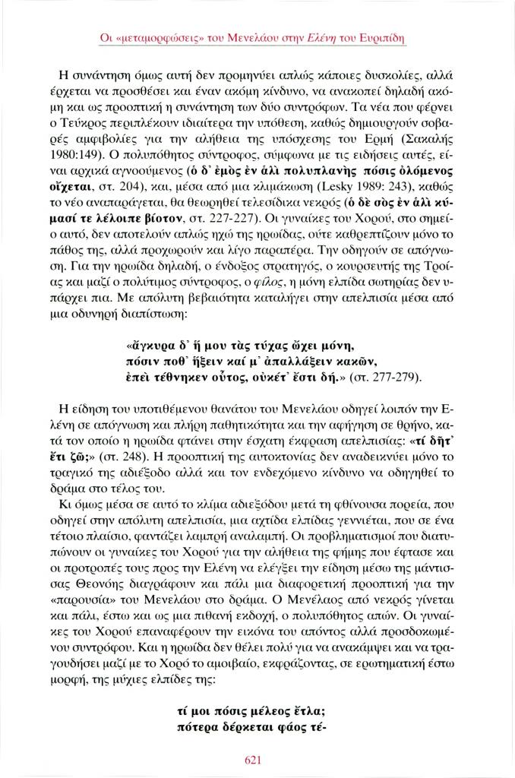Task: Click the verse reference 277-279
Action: pyautogui.click(x=394, y=377)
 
